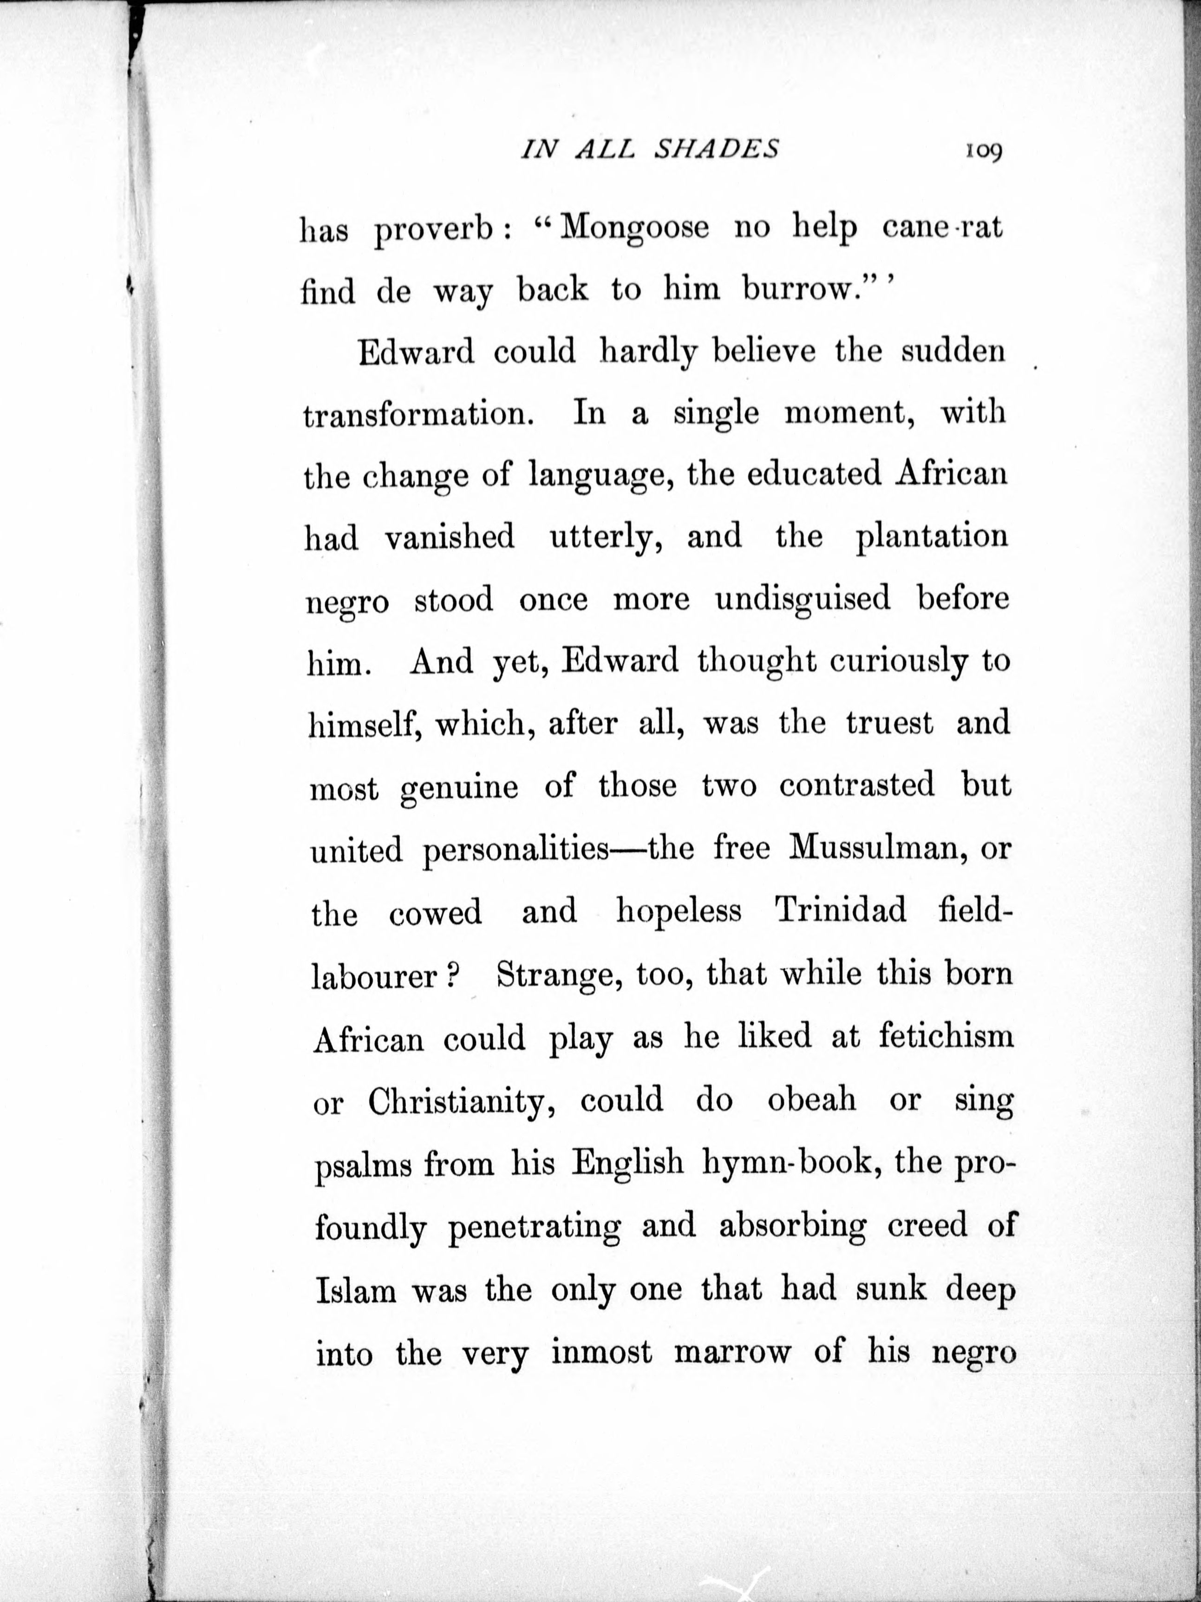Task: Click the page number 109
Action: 982,151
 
